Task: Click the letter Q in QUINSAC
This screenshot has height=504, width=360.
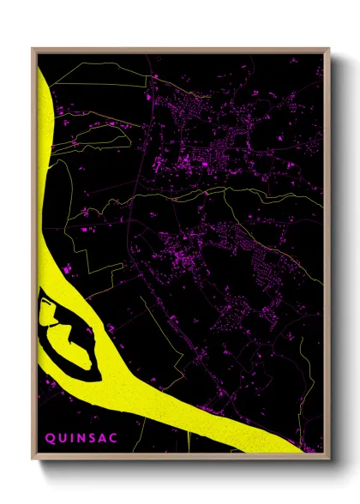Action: [x=50, y=438]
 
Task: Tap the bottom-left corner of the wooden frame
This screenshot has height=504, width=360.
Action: [x=33, y=459]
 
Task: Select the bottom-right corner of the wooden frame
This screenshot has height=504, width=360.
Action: [x=329, y=459]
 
